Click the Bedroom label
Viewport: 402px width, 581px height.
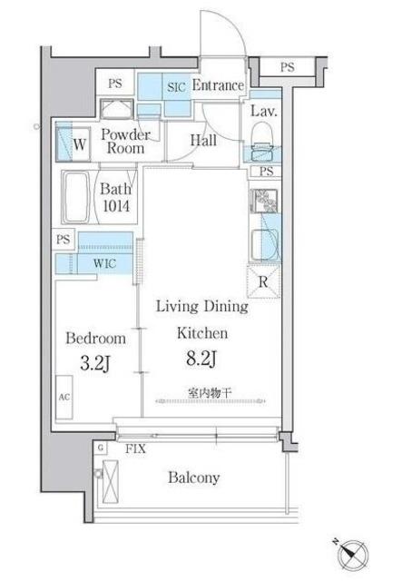click(x=95, y=339)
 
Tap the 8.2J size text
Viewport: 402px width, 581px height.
click(x=201, y=359)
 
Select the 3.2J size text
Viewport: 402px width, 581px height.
click(x=95, y=364)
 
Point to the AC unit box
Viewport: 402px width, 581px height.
click(x=64, y=398)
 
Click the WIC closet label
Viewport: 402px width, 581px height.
click(x=105, y=263)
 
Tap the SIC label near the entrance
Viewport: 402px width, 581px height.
click(x=176, y=87)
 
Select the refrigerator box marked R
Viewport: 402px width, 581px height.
click(x=263, y=282)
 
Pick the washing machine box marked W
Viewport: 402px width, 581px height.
click(x=74, y=144)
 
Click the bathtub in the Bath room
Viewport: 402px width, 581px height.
click(x=76, y=197)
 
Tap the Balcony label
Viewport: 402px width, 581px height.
click(x=194, y=478)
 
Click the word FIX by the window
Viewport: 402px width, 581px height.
click(x=135, y=449)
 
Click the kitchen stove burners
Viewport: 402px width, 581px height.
click(x=264, y=202)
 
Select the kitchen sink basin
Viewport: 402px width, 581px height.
click(x=265, y=243)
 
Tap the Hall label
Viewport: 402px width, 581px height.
click(x=203, y=140)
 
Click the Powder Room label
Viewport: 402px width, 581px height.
click(x=125, y=142)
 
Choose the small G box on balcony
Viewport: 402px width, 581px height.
click(x=100, y=448)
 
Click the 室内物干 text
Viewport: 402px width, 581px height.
click(x=210, y=393)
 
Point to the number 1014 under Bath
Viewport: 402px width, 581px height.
click(x=116, y=206)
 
